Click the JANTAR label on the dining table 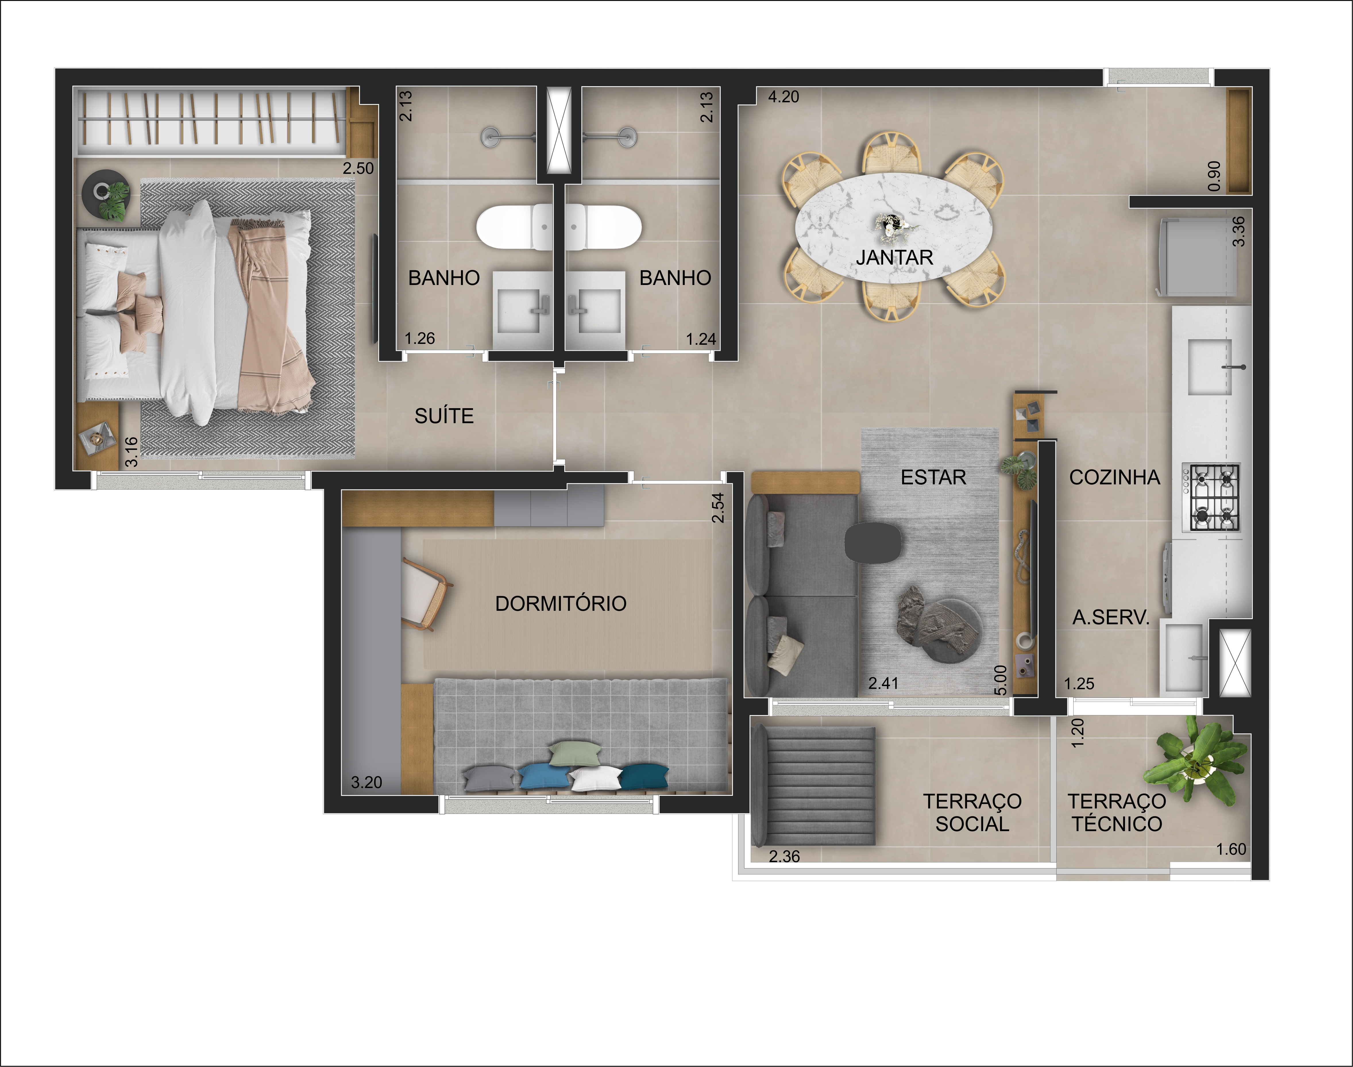tap(894, 257)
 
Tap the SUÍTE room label tap(444, 416)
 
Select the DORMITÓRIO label tap(561, 604)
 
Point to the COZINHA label tap(1115, 477)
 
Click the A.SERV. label tap(1111, 618)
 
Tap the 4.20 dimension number tap(783, 97)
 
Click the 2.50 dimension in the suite tap(358, 168)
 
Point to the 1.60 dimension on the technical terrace tap(1231, 849)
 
